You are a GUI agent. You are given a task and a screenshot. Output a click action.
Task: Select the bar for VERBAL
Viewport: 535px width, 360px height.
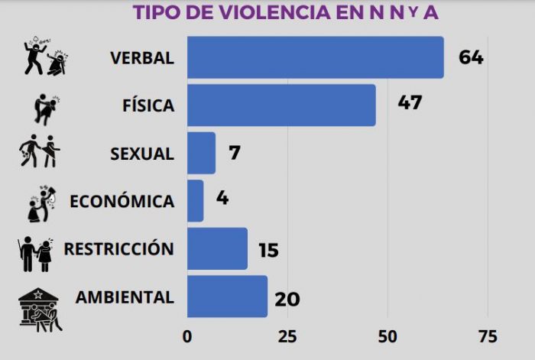pyautogui.click(x=315, y=57)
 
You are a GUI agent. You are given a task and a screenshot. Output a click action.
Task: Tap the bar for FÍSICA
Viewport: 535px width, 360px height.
pyautogui.click(x=280, y=105)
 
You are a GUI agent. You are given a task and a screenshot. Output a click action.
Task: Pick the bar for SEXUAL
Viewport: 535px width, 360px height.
pyautogui.click(x=201, y=153)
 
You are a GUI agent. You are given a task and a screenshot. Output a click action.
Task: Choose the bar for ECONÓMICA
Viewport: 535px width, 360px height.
pyautogui.click(x=195, y=200)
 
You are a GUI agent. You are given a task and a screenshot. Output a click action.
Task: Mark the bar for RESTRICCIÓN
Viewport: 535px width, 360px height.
pyautogui.click(x=217, y=248)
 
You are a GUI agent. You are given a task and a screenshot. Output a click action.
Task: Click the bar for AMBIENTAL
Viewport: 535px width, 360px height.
pyautogui.click(x=227, y=296)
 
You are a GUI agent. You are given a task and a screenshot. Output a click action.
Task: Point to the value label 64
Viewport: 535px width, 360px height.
pyautogui.click(x=471, y=57)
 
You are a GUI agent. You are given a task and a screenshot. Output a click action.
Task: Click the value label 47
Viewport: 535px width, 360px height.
pyautogui.click(x=410, y=103)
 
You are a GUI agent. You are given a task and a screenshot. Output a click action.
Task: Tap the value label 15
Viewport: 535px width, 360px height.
pyautogui.click(x=268, y=250)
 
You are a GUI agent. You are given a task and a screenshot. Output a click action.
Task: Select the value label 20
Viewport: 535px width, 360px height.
pyautogui.click(x=287, y=297)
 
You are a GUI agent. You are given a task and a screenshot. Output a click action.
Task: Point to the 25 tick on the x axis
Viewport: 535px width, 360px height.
pyautogui.click(x=287, y=336)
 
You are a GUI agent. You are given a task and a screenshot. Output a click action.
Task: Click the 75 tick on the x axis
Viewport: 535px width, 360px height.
pyautogui.click(x=488, y=336)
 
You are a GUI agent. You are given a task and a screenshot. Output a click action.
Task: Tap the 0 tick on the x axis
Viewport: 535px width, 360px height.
pyautogui.click(x=187, y=336)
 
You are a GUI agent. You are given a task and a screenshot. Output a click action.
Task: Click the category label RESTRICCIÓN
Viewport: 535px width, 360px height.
pyautogui.click(x=118, y=248)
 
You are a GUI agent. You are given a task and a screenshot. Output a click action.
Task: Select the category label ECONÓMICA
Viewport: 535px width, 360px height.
pyautogui.click(x=122, y=201)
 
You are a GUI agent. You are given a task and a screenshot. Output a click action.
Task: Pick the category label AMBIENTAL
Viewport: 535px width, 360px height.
pyautogui.click(x=125, y=296)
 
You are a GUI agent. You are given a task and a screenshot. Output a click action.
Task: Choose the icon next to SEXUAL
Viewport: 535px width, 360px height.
pyautogui.click(x=40, y=151)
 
